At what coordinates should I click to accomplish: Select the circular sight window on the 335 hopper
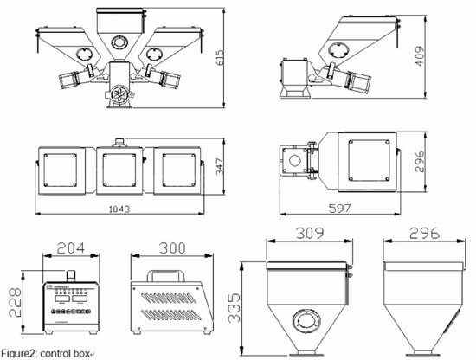point(308,320)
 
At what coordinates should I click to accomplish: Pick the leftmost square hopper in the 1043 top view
point(61,166)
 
